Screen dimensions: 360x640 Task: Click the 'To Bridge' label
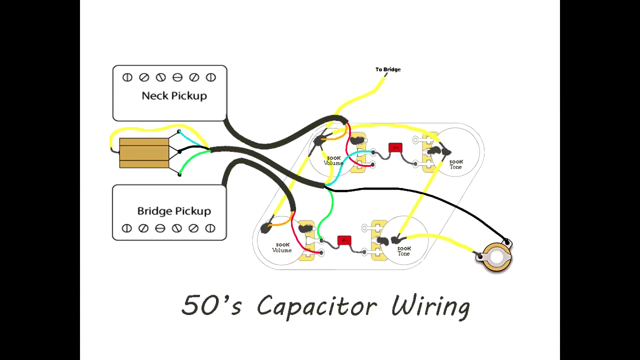click(388, 69)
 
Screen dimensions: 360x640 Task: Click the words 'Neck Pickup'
click(174, 95)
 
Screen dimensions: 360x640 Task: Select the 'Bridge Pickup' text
click(174, 211)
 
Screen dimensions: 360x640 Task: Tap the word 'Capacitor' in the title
click(316, 305)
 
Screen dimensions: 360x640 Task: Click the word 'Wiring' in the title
click(430, 305)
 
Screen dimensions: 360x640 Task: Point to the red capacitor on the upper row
click(395, 147)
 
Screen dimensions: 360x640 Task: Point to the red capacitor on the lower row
click(344, 240)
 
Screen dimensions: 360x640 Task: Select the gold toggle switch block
click(144, 152)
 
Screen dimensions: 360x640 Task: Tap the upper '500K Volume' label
click(333, 160)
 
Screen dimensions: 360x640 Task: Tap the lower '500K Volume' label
click(281, 247)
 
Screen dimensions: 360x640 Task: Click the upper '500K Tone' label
click(455, 164)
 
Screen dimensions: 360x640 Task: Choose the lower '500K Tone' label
click(403, 251)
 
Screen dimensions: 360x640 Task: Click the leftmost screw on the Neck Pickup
click(127, 77)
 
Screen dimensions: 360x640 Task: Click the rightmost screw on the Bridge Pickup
click(210, 228)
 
